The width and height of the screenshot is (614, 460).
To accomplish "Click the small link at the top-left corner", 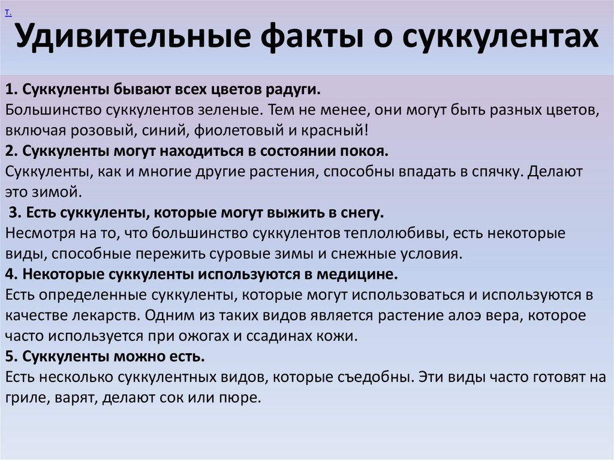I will coord(7,13).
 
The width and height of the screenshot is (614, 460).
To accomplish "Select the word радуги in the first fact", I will coord(293,90).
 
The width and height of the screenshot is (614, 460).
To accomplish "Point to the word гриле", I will coord(24,398).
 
